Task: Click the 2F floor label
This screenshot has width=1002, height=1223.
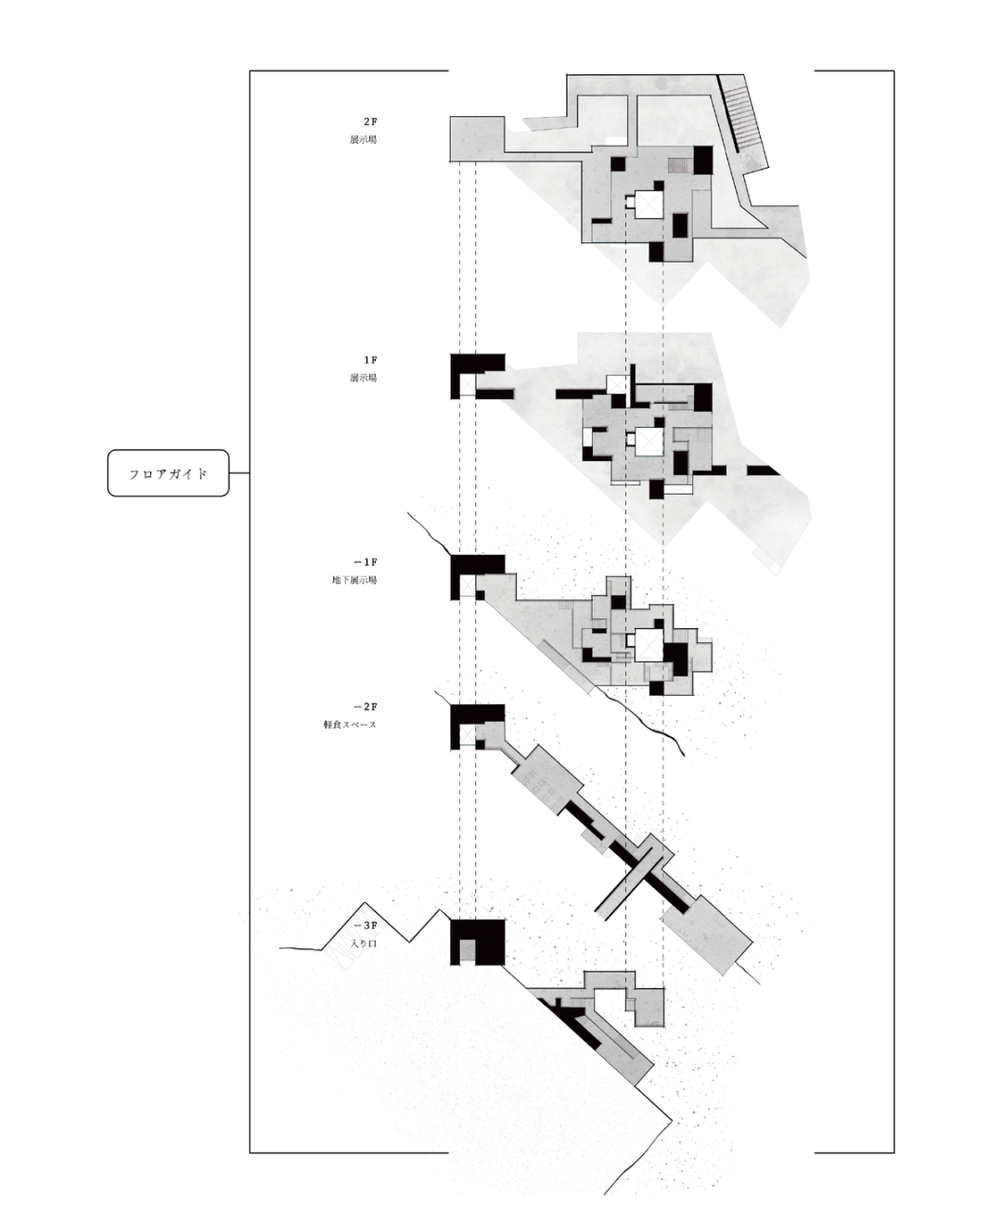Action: click(370, 122)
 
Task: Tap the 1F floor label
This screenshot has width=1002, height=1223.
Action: click(370, 360)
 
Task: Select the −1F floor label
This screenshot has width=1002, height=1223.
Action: click(366, 562)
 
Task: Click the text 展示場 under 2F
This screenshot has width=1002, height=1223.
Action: click(363, 140)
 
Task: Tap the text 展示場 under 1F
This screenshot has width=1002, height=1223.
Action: click(363, 379)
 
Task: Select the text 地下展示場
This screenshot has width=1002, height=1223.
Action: click(354, 581)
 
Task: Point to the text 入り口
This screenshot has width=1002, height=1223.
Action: click(365, 944)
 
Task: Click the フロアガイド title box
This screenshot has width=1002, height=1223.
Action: click(168, 473)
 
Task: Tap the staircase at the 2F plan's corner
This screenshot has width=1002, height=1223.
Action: click(748, 116)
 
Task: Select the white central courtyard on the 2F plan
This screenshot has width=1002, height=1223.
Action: click(647, 203)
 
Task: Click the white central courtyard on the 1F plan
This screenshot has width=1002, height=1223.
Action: click(647, 443)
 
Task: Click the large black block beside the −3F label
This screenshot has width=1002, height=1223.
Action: click(478, 941)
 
